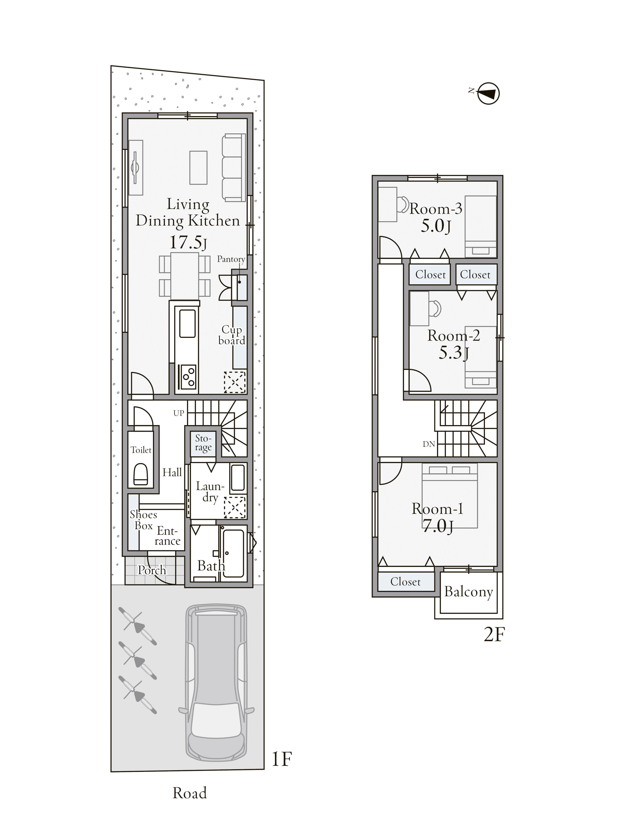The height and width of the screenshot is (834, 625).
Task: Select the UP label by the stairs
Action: (x=179, y=413)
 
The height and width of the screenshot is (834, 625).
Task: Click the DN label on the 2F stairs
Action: (x=429, y=444)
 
